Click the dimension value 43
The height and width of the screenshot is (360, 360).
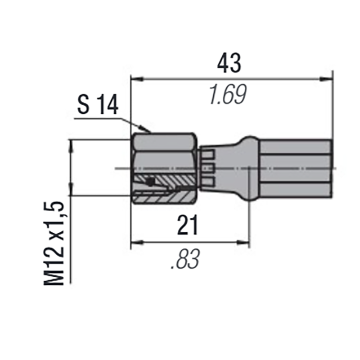pos(229,63)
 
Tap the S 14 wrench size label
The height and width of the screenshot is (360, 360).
pos(98,106)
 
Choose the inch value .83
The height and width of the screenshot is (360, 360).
pos(185,260)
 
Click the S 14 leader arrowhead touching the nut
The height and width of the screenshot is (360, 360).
pos(148,130)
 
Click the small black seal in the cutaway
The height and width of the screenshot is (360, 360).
pos(150,182)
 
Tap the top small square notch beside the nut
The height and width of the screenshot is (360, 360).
pos(207,155)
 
